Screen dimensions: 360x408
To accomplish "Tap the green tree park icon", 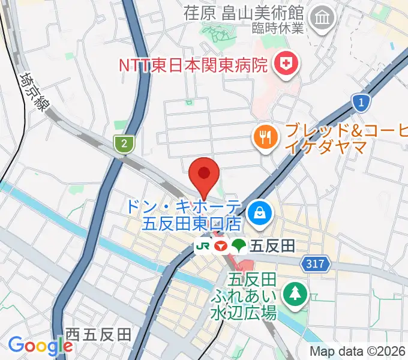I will (296, 293).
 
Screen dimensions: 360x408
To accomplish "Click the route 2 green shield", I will (124, 143).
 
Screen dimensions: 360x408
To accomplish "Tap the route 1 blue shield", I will (360, 102).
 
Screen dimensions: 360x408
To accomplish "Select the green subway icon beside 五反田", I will (239, 245).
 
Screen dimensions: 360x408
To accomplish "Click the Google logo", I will (40, 346).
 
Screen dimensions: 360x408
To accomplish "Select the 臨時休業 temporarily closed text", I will (286, 27).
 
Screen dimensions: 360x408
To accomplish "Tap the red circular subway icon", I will (221, 245).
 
